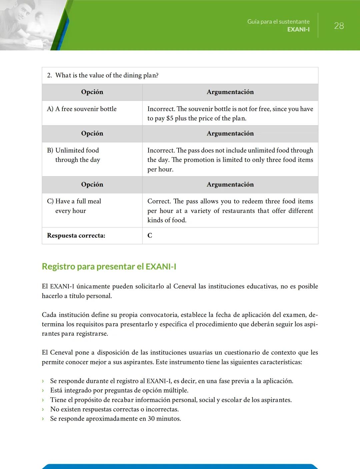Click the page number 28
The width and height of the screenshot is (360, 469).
click(x=339, y=26)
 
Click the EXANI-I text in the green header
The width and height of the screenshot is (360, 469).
click(x=298, y=29)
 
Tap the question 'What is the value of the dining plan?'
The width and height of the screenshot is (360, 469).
click(x=107, y=75)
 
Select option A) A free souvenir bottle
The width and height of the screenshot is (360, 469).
click(x=82, y=109)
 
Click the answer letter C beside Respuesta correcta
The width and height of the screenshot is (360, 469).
click(x=150, y=236)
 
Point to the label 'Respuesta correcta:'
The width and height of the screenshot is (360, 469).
click(x=76, y=236)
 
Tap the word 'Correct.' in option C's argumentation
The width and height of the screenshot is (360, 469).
click(x=159, y=201)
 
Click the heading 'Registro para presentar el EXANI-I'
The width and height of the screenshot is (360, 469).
click(x=109, y=267)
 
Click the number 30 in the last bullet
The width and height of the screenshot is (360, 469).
click(x=151, y=419)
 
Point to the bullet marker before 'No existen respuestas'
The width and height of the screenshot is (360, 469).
click(x=43, y=409)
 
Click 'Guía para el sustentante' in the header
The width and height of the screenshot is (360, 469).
click(x=278, y=22)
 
